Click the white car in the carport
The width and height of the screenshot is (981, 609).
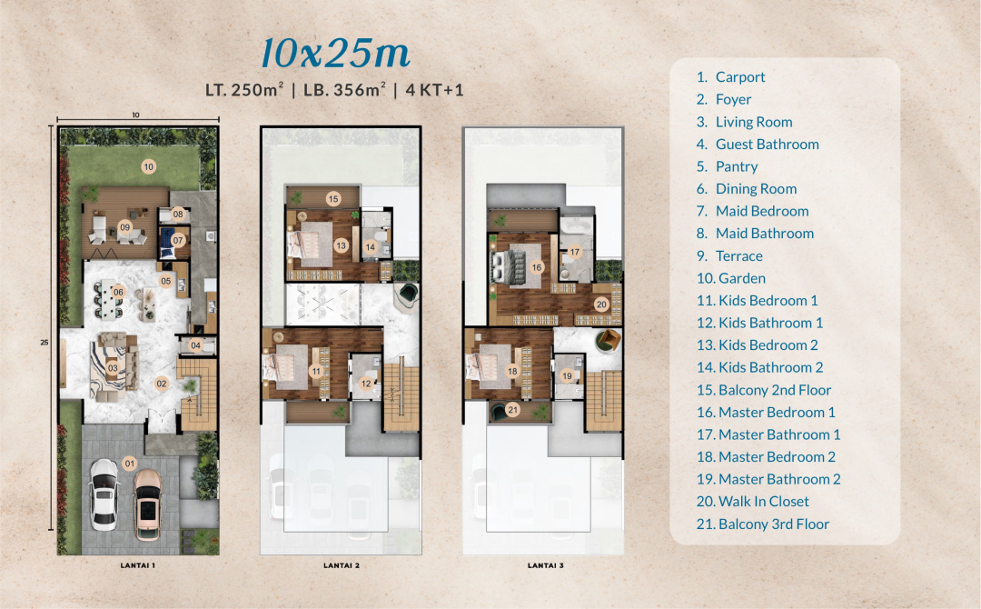point(104,494)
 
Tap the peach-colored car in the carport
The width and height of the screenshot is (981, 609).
point(148,504)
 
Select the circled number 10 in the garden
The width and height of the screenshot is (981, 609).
point(148,166)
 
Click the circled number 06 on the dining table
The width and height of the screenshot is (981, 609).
point(118,292)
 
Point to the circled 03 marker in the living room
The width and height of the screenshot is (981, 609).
point(113,368)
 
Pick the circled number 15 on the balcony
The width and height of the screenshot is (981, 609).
point(332,199)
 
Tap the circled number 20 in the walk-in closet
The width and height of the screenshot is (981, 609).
point(601,304)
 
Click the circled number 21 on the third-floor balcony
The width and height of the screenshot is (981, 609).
point(513,410)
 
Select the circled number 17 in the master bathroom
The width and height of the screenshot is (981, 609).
point(574,253)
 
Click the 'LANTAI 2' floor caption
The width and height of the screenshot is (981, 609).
point(341,565)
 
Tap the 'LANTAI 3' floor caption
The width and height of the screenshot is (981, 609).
point(545,565)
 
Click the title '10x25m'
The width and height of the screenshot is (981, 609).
point(335,53)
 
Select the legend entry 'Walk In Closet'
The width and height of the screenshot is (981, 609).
point(753,502)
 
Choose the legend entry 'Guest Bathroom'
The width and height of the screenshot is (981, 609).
point(758,144)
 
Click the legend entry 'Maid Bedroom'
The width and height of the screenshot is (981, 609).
point(753,211)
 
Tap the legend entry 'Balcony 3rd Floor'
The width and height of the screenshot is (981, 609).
point(763,524)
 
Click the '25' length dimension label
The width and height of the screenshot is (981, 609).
point(45,343)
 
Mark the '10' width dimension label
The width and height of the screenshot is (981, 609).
point(135,115)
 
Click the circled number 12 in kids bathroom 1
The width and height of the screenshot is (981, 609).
point(366,384)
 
